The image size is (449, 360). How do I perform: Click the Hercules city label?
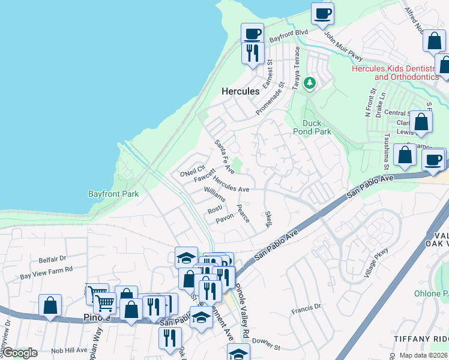click(x=241, y=91)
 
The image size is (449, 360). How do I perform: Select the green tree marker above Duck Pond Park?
click(x=310, y=83)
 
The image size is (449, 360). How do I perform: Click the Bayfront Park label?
click(x=113, y=194)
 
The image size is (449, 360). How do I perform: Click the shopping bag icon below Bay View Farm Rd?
click(x=50, y=305)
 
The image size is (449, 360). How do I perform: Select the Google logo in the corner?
click(x=20, y=352)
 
